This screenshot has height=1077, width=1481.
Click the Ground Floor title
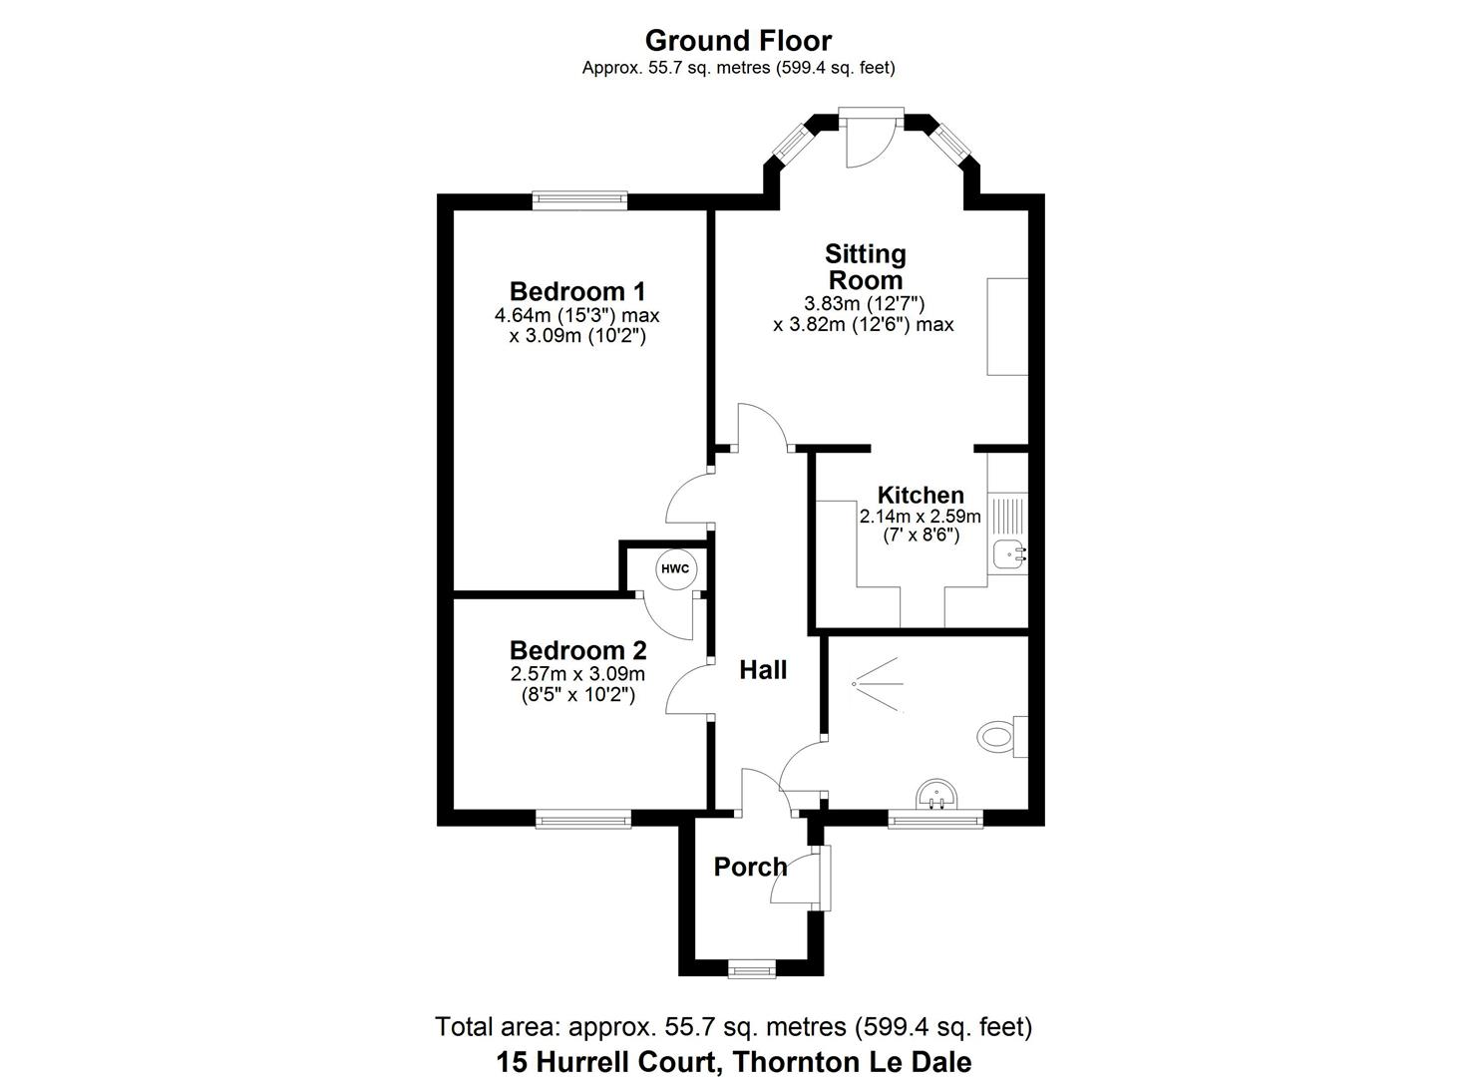pyautogui.click(x=738, y=41)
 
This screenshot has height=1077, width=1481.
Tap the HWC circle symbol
pyautogui.click(x=675, y=569)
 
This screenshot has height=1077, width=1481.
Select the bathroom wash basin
pyautogui.click(x=936, y=795)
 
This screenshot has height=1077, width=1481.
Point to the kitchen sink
pyautogui.click(x=1009, y=553)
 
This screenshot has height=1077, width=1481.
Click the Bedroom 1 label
pyautogui.click(x=577, y=291)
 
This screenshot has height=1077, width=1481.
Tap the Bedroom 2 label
pyautogui.click(x=577, y=650)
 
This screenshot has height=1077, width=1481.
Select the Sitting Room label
pyautogui.click(x=866, y=267)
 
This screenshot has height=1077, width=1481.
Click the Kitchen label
pyautogui.click(x=920, y=495)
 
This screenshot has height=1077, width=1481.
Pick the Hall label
pyautogui.click(x=763, y=670)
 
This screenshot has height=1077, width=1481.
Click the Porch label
pyautogui.click(x=750, y=867)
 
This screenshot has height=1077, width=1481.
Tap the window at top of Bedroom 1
pyautogui.click(x=579, y=200)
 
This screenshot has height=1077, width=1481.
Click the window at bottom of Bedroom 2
pyautogui.click(x=583, y=820)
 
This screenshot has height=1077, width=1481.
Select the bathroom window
pyautogui.click(x=935, y=820)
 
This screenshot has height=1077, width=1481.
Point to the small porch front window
pyautogui.click(x=751, y=968)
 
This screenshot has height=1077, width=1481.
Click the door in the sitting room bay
pyautogui.click(x=866, y=138)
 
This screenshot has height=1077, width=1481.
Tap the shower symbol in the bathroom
pyautogui.click(x=878, y=684)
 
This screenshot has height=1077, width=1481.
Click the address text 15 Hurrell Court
pyautogui.click(x=733, y=1062)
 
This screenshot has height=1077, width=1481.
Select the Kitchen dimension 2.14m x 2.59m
pyautogui.click(x=920, y=517)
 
